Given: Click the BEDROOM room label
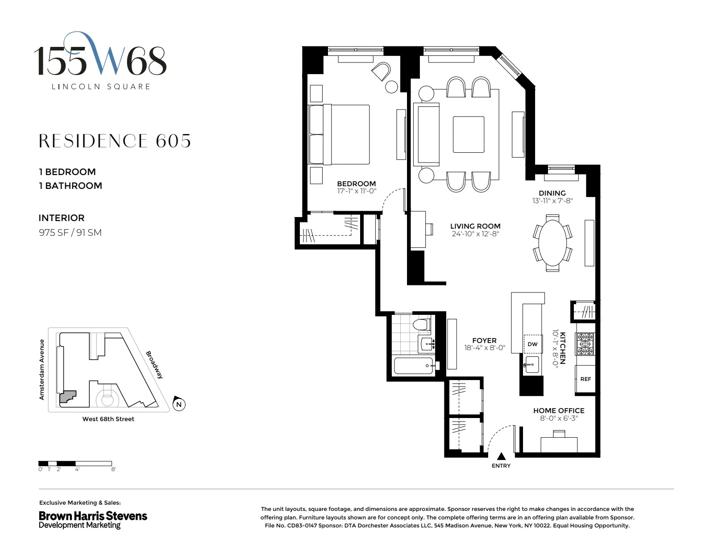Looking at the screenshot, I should click(x=356, y=184).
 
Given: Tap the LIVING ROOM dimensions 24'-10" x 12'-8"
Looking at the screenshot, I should click(x=475, y=234).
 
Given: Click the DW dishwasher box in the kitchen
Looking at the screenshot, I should click(x=532, y=344).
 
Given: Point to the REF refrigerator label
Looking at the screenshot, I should click(x=585, y=379).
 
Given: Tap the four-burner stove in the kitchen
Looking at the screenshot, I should click(x=585, y=344).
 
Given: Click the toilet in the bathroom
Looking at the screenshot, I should click(x=421, y=324).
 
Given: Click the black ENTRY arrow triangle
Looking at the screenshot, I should click(x=501, y=456).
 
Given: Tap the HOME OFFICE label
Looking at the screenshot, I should click(x=559, y=410).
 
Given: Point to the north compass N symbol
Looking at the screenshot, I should click(x=178, y=404).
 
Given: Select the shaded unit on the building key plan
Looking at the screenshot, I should click(x=67, y=397).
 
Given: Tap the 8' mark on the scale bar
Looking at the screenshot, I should click(x=113, y=469).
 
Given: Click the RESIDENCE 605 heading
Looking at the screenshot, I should click(x=115, y=141).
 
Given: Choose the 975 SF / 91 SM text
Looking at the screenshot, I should click(x=70, y=233).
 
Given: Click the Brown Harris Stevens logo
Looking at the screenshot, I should click(x=93, y=520).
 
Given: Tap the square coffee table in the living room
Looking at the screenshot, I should click(x=469, y=134).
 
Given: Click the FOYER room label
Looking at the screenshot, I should click(x=484, y=340).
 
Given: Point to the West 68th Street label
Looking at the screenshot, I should click(x=108, y=419).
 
